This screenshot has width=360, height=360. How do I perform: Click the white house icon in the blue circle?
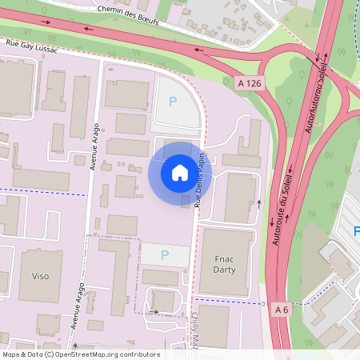[180, 173]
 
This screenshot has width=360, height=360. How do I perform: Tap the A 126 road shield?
[250, 83]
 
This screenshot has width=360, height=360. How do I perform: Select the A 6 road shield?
[281, 310]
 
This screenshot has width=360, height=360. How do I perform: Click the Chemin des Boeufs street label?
[126, 14]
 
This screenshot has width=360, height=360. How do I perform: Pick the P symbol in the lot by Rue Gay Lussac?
[172, 102]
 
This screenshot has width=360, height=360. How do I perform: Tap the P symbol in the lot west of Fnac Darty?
[165, 255]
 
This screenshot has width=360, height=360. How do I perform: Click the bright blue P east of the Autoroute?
[356, 231]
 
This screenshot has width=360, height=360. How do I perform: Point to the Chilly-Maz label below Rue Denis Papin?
[194, 332]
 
